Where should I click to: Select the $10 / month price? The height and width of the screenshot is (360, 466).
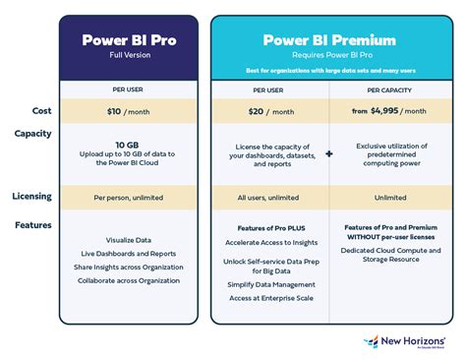coord(135,111)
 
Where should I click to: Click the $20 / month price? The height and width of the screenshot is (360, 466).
coord(268,111)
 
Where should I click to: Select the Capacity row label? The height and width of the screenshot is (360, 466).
coord(32,133)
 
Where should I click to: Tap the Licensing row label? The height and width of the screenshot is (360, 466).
coord(31,197)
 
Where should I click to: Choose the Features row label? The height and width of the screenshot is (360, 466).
coord(32,225)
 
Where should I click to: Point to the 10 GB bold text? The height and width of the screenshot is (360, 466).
coord(135,143)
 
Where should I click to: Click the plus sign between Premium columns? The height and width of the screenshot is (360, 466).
coord(327,154)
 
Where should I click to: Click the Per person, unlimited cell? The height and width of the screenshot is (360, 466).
coord(135,198)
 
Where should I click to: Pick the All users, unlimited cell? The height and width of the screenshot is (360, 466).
coord(268,198)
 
